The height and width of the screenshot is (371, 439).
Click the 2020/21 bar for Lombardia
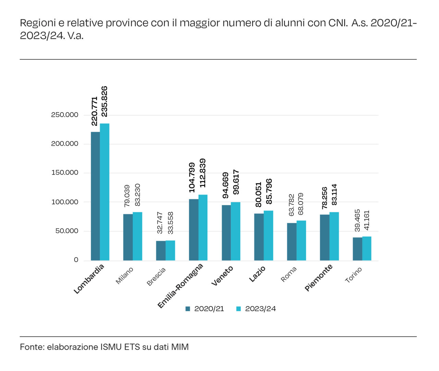[95, 196]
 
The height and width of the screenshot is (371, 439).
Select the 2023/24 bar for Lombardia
[105, 192]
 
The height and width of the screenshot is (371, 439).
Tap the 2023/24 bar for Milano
[138, 236]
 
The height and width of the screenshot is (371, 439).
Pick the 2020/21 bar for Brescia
[161, 251]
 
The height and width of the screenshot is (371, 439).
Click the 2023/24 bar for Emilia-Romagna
[203, 227]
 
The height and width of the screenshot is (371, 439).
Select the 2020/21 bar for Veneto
[226, 233]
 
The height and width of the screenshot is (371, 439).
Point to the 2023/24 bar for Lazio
[269, 236]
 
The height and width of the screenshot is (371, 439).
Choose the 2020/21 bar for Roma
[292, 242]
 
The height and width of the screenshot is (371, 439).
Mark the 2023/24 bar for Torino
[367, 249]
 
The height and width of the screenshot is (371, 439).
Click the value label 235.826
[104, 101]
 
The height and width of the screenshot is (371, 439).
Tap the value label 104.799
[192, 178]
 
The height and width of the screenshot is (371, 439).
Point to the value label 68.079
[301, 204]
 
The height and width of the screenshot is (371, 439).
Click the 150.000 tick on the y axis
[65, 173]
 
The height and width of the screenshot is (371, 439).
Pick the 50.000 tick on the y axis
[67, 231]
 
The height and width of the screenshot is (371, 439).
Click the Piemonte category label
[318, 277]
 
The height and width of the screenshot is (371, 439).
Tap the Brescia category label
[156, 276]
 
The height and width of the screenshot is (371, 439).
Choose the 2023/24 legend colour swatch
[238, 309]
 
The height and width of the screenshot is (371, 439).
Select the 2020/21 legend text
[209, 309]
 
